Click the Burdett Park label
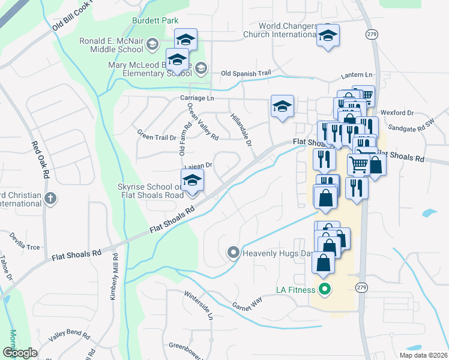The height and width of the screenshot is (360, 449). click(x=155, y=20)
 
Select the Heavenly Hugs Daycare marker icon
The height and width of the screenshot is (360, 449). click(x=234, y=253)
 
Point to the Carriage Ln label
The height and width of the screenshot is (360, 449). click(x=196, y=98)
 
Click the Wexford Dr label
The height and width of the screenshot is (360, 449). click(x=400, y=112)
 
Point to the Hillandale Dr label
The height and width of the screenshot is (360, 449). click(x=240, y=130)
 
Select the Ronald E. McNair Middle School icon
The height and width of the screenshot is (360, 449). click(x=152, y=44)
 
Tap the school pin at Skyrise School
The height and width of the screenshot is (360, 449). click(x=193, y=180)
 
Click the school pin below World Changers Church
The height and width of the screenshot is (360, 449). click(x=328, y=36)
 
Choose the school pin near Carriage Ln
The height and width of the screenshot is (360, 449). click(x=282, y=106)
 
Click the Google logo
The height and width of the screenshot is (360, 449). click(x=20, y=352)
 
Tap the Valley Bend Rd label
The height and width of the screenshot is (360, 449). click(x=68, y=336)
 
